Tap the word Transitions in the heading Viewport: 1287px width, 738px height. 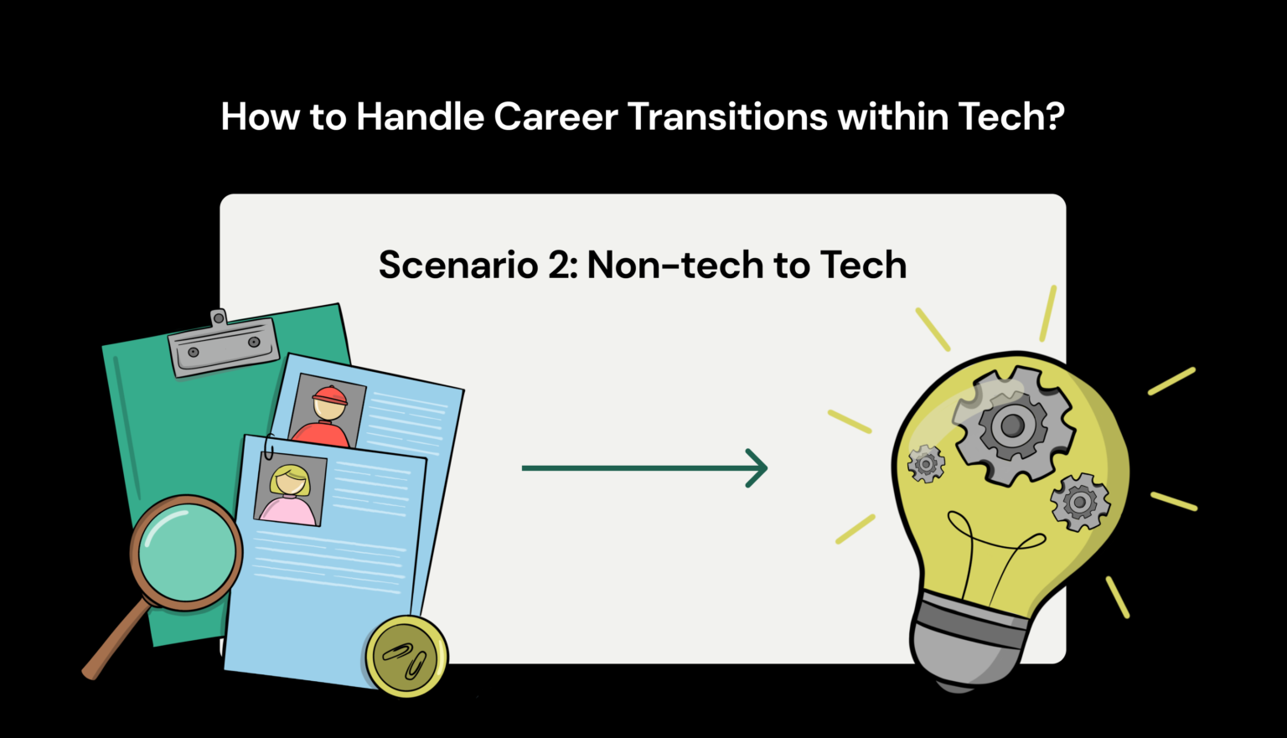727,117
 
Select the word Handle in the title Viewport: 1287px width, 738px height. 420,117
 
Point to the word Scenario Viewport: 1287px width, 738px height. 457,266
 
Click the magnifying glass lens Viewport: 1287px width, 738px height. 185,551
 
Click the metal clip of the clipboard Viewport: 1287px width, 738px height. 223,344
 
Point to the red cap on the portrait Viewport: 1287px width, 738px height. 329,395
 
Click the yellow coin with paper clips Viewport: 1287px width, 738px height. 406,657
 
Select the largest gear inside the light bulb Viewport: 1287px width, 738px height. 1012,426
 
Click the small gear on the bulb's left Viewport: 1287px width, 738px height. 926,463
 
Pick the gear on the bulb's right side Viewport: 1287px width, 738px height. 1079,502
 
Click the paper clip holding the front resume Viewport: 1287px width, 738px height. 268,448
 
